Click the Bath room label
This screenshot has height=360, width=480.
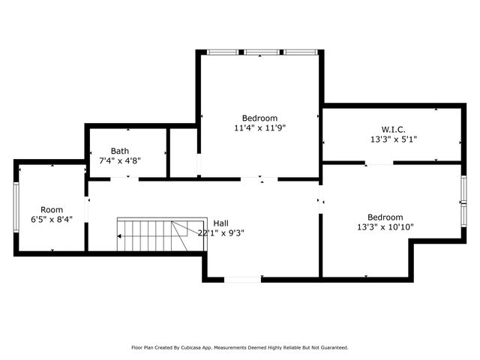pos(120,151)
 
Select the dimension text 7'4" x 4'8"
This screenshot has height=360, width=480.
pos(120,160)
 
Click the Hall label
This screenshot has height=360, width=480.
pos(221,223)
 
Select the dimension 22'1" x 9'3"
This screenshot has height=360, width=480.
pos(221,232)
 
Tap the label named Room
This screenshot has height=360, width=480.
pos(52,209)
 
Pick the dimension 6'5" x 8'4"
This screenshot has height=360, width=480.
pos(52,220)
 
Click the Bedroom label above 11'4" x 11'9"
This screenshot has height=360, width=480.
pos(259,118)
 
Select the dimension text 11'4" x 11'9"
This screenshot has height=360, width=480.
pos(259,128)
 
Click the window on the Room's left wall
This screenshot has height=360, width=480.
pos(16,208)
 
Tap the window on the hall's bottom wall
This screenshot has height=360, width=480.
pos(243,280)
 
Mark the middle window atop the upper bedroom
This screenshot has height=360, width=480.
pos(261,52)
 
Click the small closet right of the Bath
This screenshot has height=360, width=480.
pos(183,153)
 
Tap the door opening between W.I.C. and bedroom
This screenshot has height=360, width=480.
pos(379,163)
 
